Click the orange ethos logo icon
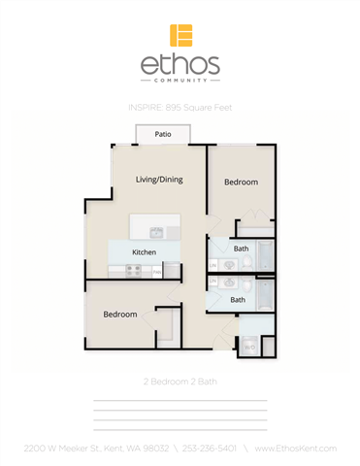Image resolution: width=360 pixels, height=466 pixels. (180, 36)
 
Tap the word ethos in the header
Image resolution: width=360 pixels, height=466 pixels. (180, 66)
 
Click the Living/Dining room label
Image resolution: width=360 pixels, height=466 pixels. (159, 180)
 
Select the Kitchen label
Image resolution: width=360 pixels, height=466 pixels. (144, 252)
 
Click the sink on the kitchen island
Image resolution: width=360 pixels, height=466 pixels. (156, 232)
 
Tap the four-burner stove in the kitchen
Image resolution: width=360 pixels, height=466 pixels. (125, 270)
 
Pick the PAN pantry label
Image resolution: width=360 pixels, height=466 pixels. (170, 272)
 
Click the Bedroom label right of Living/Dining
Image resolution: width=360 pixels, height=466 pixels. (241, 183)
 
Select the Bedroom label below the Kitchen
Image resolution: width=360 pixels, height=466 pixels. (120, 315)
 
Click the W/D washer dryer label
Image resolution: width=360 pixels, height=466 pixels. (249, 346)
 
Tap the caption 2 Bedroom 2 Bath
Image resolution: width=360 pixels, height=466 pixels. (180, 382)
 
